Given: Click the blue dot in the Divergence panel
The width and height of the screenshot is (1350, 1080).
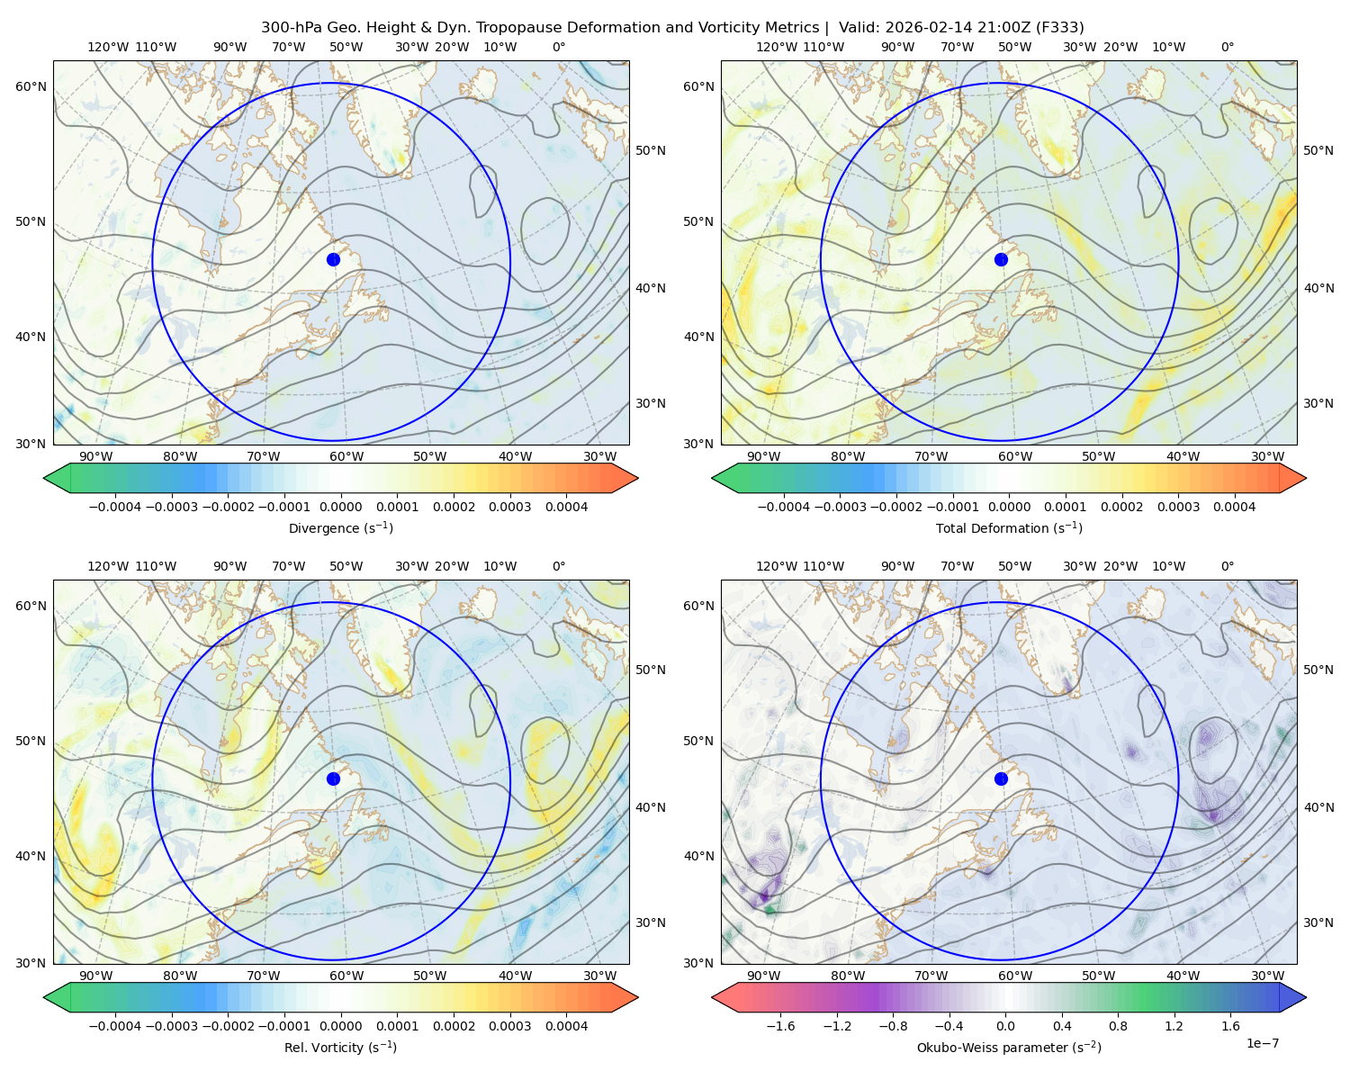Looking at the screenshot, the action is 333,259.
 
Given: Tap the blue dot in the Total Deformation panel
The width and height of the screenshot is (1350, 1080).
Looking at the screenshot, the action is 1001,259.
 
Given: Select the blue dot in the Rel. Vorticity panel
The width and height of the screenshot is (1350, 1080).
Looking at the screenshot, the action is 333,778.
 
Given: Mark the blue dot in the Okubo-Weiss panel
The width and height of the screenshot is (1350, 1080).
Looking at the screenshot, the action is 1001,778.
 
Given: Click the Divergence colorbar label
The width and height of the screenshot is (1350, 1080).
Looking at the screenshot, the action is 340,527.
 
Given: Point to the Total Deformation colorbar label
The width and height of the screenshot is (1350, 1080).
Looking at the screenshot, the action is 1009,527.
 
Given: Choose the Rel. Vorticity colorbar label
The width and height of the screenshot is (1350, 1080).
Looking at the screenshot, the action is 340,1047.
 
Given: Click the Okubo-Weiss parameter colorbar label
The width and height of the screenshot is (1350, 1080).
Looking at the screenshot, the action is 1009,1047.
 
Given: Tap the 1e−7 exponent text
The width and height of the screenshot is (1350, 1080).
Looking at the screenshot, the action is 1262,1043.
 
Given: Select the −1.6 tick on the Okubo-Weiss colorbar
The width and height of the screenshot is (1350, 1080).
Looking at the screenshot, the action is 780,1026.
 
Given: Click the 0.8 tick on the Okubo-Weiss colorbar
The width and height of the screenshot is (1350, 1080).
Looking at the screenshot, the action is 1118,1026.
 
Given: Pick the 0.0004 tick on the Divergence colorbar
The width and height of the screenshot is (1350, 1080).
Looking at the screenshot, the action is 566,507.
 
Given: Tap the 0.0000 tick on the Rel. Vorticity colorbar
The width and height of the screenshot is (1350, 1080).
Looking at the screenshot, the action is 340,1026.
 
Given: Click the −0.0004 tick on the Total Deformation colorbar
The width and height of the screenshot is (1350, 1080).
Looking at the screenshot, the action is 784,507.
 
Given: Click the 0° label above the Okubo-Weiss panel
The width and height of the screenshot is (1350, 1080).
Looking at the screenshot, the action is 1227,566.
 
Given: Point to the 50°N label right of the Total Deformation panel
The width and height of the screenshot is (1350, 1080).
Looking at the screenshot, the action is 1318,150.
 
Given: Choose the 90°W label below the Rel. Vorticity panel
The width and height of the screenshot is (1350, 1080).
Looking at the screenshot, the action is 96,976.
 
